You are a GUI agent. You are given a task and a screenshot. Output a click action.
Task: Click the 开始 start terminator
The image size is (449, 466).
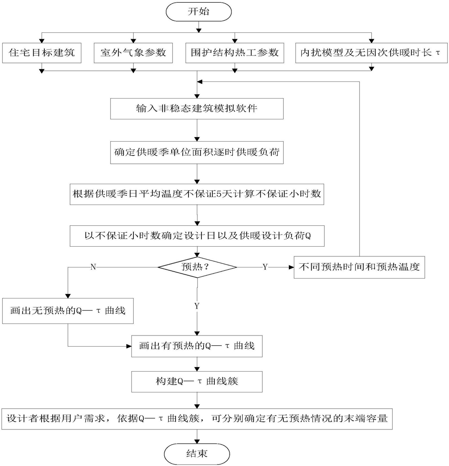click(x=199, y=12)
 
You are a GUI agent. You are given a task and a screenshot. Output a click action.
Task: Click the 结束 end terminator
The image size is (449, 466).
click(x=197, y=454)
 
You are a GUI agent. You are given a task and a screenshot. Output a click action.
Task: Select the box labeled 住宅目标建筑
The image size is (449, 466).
click(x=42, y=53)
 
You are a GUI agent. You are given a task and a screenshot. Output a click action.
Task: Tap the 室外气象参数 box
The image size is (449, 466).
click(x=133, y=53)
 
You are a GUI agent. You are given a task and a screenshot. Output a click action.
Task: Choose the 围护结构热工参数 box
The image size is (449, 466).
click(x=235, y=53)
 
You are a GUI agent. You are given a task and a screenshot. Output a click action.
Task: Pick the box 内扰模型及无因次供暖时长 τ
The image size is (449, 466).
click(x=371, y=53)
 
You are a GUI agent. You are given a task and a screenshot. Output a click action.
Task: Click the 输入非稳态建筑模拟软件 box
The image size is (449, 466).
click(x=197, y=109)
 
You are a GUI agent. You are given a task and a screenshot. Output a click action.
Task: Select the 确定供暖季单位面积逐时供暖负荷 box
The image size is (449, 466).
click(x=197, y=152)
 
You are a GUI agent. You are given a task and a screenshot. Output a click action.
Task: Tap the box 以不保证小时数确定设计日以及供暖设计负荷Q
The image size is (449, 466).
click(x=197, y=236)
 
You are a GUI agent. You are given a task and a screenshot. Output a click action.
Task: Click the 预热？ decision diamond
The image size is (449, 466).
click(x=197, y=267)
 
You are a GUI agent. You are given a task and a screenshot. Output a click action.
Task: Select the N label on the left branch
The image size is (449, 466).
click(x=94, y=267)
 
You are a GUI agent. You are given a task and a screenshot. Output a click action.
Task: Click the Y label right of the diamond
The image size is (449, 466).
click(x=265, y=267)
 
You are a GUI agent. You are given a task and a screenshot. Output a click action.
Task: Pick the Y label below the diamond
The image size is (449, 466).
click(x=197, y=306)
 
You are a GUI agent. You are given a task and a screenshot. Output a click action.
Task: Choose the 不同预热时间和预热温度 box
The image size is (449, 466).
click(x=359, y=267)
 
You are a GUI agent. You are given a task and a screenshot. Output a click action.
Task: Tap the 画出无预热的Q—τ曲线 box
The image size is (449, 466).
click(x=68, y=311)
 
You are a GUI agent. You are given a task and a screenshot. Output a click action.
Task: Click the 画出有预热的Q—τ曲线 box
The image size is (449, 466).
click(x=197, y=346)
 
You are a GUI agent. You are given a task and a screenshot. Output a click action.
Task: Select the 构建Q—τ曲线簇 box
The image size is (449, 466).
click(x=197, y=382)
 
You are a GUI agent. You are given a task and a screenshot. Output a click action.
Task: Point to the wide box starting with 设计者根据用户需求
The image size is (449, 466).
click(x=197, y=419)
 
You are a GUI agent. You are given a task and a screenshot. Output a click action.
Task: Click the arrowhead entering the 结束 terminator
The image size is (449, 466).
click(x=197, y=442)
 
